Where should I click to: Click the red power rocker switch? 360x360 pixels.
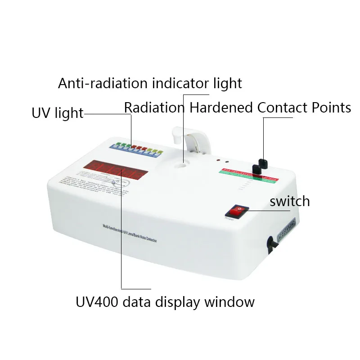pyautogui.click(x=236, y=211)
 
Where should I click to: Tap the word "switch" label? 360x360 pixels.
pyautogui.click(x=290, y=201)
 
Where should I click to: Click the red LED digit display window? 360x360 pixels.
pyautogui.click(x=114, y=170)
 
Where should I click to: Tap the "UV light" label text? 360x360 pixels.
pyautogui.click(x=58, y=113)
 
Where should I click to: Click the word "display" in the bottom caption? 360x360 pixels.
pyautogui.click(x=179, y=301)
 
